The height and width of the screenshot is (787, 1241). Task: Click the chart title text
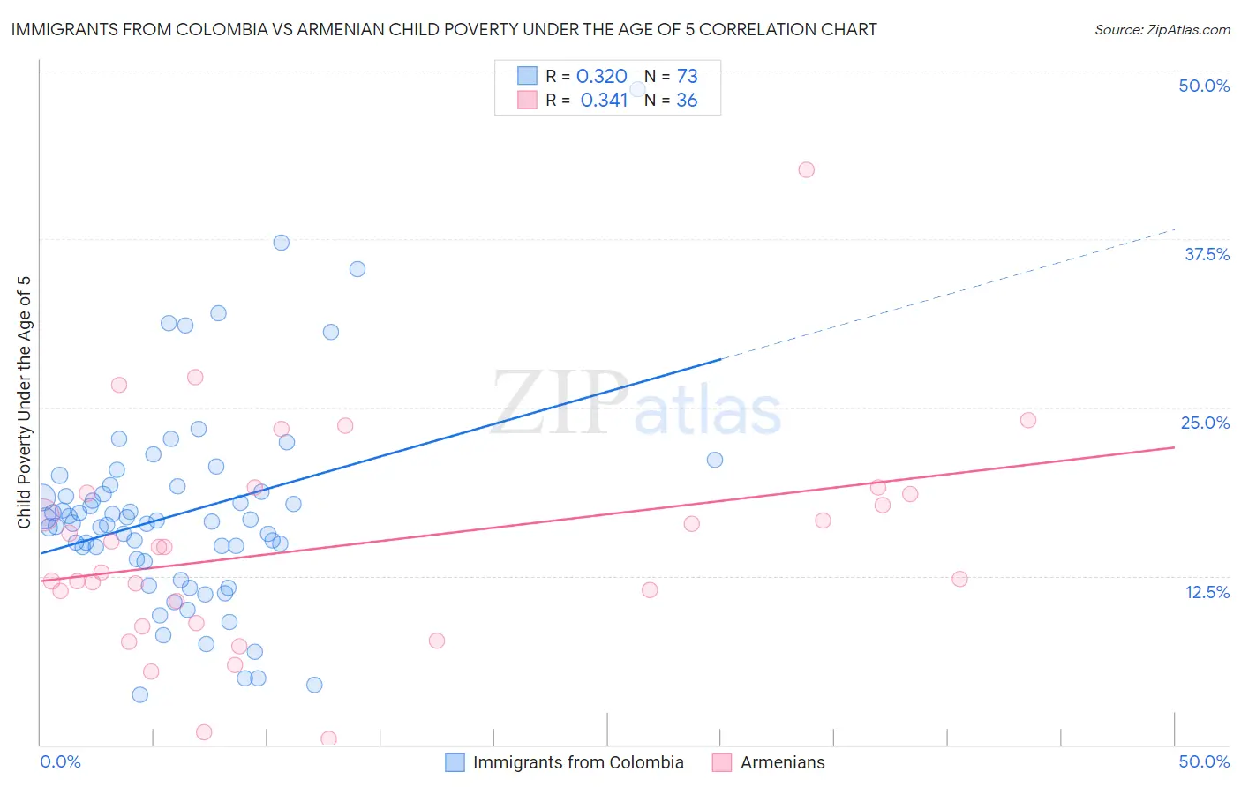pos(444,29)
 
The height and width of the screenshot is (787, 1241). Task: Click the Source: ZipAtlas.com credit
pos(1162,29)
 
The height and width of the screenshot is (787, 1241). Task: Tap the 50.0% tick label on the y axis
pos(1203,86)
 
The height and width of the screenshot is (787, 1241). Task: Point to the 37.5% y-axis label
pos(1207,254)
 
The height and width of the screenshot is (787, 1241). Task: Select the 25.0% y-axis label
pos(1205,423)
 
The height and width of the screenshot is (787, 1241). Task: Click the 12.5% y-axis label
pos(1207,592)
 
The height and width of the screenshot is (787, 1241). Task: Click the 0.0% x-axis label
pos(60,761)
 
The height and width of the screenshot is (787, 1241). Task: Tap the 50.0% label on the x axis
pos(1203,761)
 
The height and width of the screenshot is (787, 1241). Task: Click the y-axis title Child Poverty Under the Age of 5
pos(25,401)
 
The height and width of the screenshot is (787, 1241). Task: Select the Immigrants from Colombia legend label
pos(578,762)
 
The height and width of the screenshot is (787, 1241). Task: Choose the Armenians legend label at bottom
pos(782,762)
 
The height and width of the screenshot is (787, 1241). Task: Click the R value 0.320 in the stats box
pos(601,77)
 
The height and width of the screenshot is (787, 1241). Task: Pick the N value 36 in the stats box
pos(687,101)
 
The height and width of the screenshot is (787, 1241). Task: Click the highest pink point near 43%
pos(806,169)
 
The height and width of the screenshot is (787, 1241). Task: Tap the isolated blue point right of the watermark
pos(715,460)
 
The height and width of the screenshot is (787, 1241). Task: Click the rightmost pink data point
pos(1027,420)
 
